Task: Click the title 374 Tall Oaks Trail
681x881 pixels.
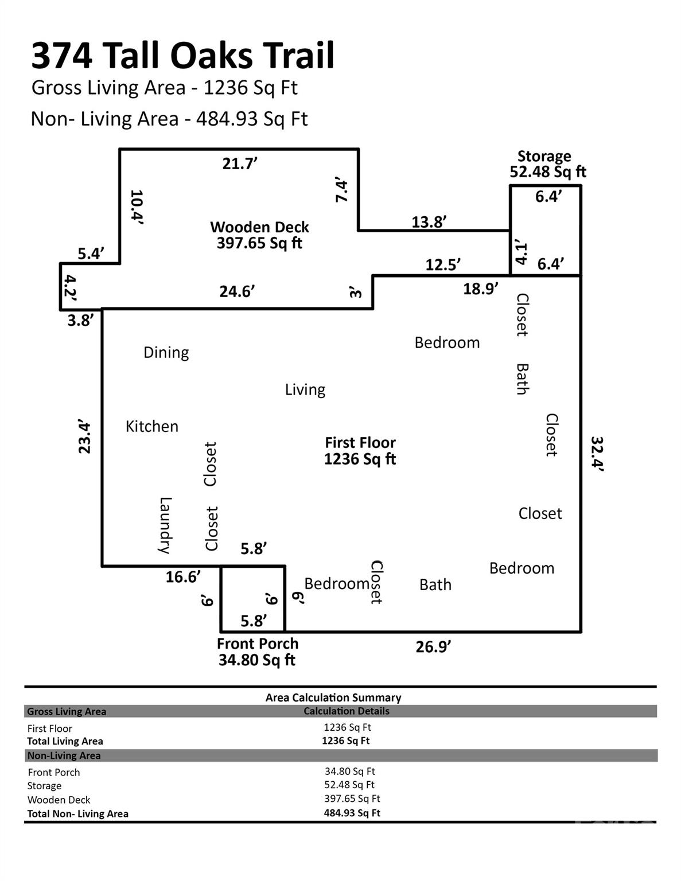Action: [x=182, y=56]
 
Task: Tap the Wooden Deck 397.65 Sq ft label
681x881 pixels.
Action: [x=259, y=235]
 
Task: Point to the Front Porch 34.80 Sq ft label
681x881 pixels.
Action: [x=257, y=652]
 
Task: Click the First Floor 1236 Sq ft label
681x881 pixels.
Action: [x=360, y=451]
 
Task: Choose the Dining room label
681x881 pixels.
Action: [x=166, y=352]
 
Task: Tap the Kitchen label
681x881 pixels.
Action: [x=152, y=426]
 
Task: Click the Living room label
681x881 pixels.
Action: [x=305, y=389]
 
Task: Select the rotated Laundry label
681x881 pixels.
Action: [x=165, y=525]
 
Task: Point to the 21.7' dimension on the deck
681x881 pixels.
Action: [x=240, y=164]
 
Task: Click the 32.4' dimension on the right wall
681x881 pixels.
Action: [x=598, y=454]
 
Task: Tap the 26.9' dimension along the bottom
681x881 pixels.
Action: [x=433, y=647]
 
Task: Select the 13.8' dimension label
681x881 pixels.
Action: [x=429, y=222]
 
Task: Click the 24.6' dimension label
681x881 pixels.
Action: [x=237, y=291]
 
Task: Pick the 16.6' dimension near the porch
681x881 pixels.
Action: [x=183, y=577]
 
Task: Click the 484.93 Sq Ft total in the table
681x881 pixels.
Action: [x=352, y=813]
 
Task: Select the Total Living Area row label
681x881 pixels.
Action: [x=65, y=741]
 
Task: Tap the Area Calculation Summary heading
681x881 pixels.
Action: [x=333, y=697]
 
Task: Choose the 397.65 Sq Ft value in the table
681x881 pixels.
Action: [x=352, y=798]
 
